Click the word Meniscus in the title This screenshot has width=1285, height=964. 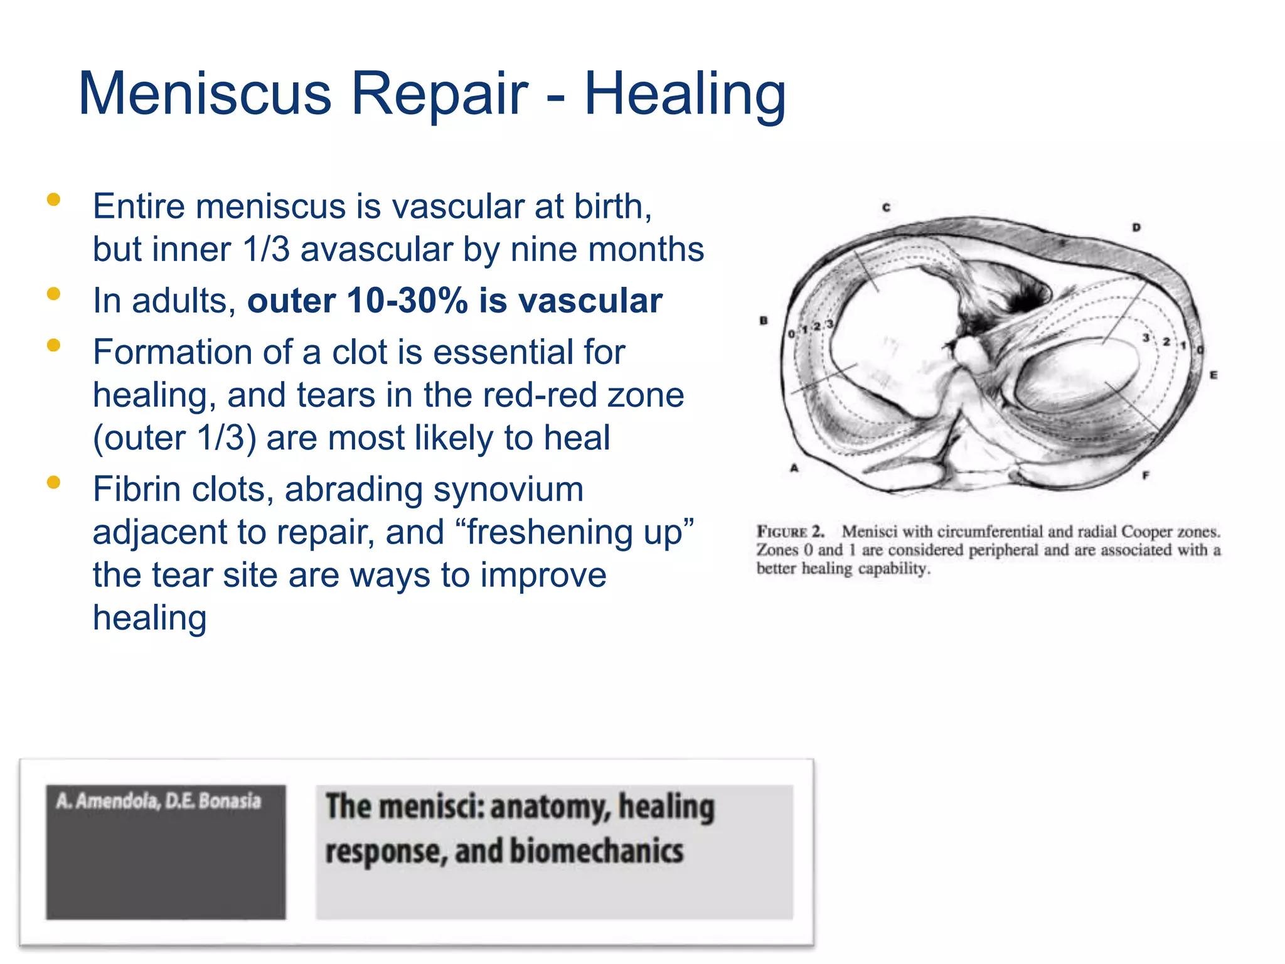(x=205, y=94)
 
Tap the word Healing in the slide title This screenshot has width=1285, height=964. (x=685, y=94)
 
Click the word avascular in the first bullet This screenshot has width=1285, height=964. (x=376, y=249)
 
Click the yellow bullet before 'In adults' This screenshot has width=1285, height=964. (x=53, y=293)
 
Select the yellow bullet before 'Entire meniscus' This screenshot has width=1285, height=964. (x=53, y=200)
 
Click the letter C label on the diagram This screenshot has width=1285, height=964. (x=887, y=207)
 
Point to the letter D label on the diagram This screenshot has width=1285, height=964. (x=1136, y=227)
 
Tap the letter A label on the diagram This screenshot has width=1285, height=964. (x=794, y=468)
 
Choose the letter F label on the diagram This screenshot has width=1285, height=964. (x=1145, y=475)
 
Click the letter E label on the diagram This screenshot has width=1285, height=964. (x=1213, y=375)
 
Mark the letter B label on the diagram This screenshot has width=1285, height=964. (x=764, y=320)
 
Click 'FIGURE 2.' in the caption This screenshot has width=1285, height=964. (x=791, y=532)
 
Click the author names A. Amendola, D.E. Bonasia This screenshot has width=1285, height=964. (x=158, y=801)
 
